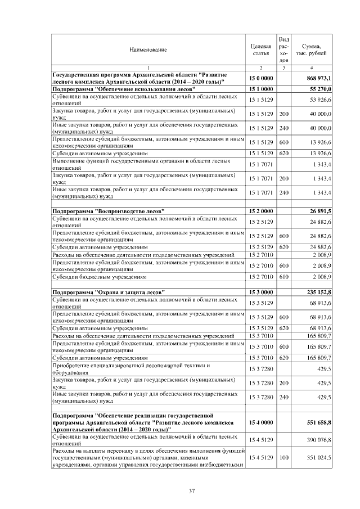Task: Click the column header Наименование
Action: click(x=148, y=49)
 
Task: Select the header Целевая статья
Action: click(x=260, y=49)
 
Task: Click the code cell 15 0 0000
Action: click(x=260, y=78)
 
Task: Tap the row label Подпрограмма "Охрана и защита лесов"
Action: click(x=109, y=292)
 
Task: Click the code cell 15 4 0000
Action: click(x=260, y=422)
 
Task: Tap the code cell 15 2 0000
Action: click(x=260, y=211)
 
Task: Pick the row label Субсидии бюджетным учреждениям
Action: click(x=100, y=277)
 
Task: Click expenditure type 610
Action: click(x=284, y=277)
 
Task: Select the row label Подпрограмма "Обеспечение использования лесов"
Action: click(x=124, y=89)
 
